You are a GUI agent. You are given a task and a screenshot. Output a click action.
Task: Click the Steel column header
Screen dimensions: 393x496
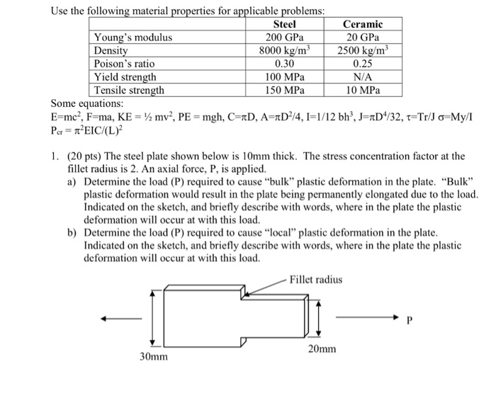pyautogui.click(x=284, y=25)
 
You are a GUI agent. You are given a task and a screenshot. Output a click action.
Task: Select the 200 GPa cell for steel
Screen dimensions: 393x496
pyautogui.click(x=284, y=38)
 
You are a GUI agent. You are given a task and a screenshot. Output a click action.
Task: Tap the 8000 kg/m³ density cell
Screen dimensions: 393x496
pyautogui.click(x=284, y=51)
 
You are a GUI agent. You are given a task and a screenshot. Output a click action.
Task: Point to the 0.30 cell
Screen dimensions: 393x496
pyautogui.click(x=284, y=64)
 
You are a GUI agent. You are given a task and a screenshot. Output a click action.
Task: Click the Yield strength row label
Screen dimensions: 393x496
pyautogui.click(x=125, y=77)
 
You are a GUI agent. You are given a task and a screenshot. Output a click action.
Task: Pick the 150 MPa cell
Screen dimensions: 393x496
pyautogui.click(x=284, y=91)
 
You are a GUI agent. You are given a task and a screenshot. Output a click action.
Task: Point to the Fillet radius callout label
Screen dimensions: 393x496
pyautogui.click(x=317, y=280)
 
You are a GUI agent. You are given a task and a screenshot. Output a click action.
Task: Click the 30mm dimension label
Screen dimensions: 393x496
pyautogui.click(x=153, y=356)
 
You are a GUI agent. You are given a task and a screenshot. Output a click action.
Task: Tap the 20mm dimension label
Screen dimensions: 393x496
pyautogui.click(x=322, y=349)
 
